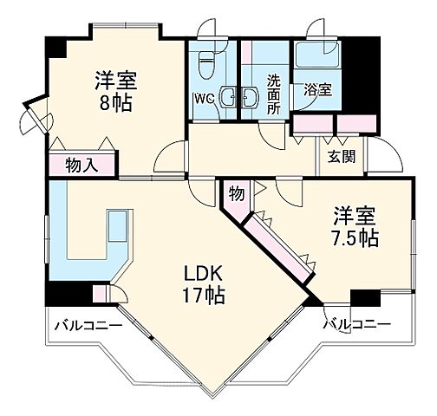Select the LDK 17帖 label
204,283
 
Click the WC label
203,98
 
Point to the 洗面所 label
273,94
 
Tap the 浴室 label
317,88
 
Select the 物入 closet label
82,165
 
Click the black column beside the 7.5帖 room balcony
364,298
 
